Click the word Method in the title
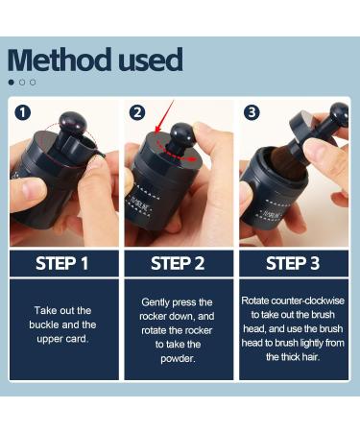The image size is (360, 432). pyautogui.click(x=60, y=60)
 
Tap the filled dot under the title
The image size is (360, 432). pyautogui.click(x=12, y=83)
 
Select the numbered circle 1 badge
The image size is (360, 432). pyautogui.click(x=23, y=112)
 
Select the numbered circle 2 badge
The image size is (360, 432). pyautogui.click(x=137, y=112)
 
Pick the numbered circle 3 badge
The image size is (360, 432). pyautogui.click(x=252, y=112)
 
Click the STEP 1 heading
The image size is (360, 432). pyautogui.click(x=62, y=263)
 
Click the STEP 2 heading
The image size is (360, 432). pyautogui.click(x=178, y=263)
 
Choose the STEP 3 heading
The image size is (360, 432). pyautogui.click(x=293, y=263)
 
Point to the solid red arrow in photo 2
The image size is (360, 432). pyautogui.click(x=164, y=116)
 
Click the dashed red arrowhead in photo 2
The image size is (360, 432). pyautogui.click(x=192, y=158)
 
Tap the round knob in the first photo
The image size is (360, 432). pyautogui.click(x=72, y=123)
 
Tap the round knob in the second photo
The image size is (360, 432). pyautogui.click(x=182, y=134)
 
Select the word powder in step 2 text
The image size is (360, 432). pyautogui.click(x=178, y=358)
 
